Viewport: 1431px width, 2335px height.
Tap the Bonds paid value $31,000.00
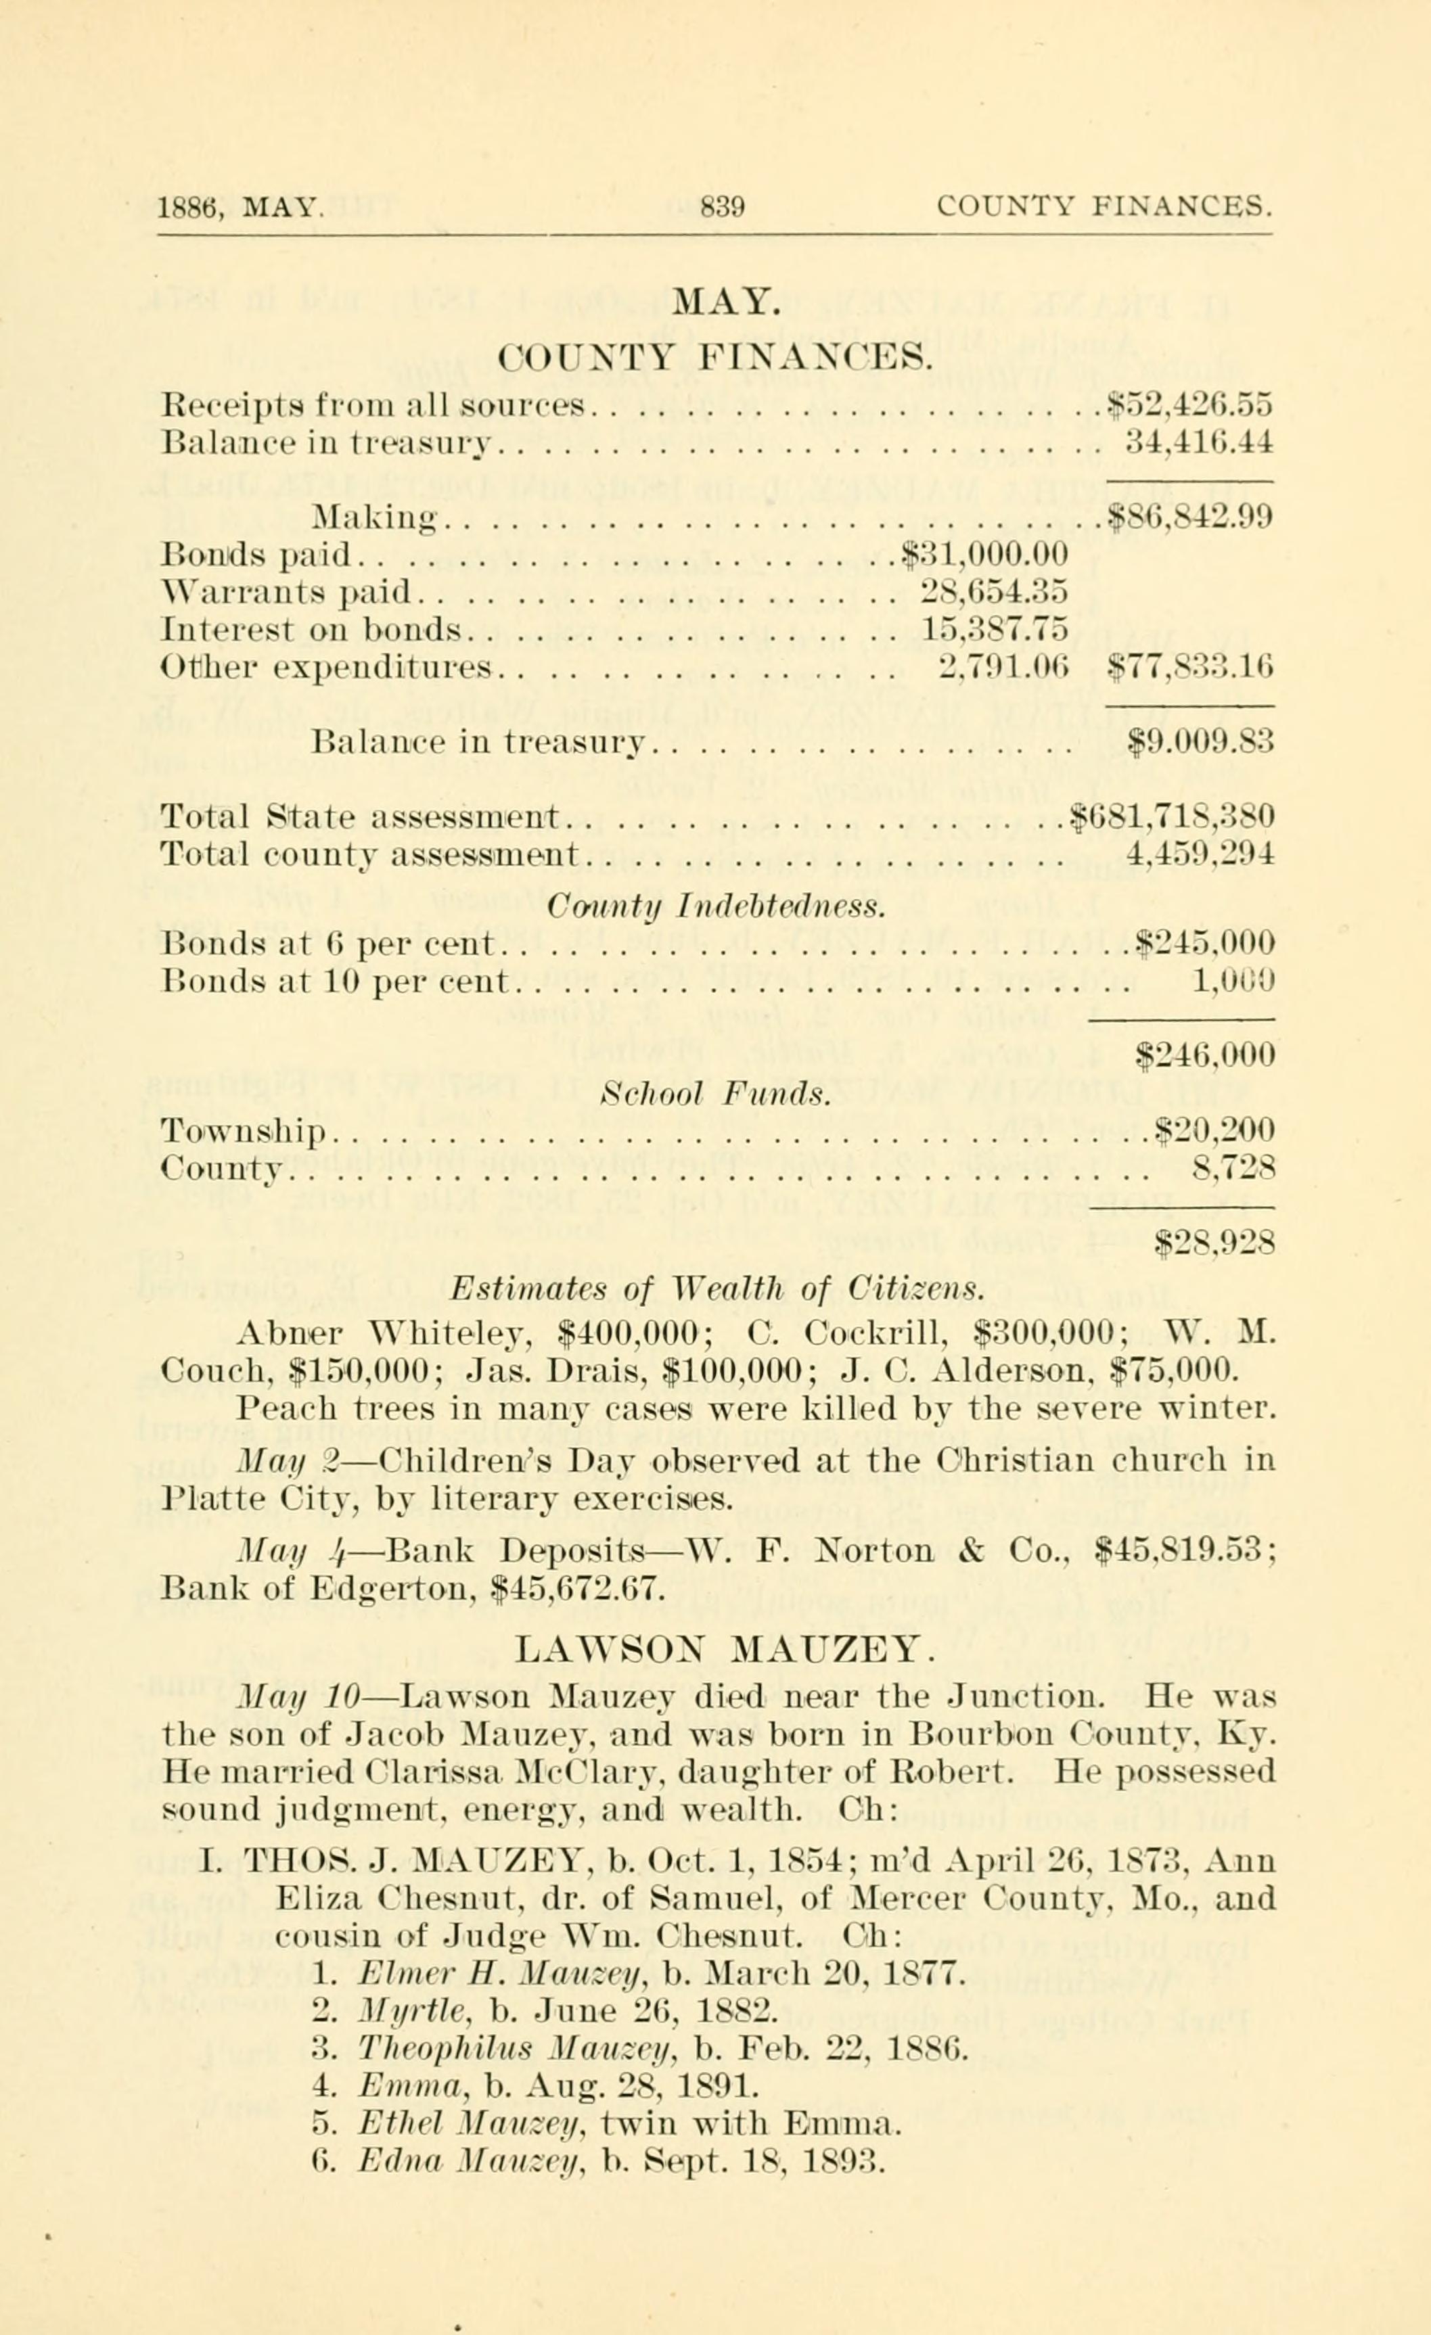(984, 553)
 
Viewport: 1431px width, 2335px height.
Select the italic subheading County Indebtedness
(717, 907)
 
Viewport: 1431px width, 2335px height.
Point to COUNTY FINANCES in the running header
(1104, 206)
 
